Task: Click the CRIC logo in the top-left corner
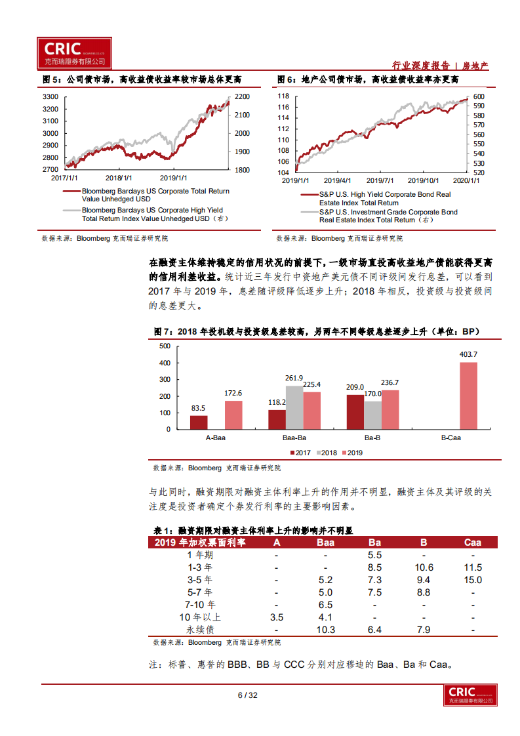coord(73,52)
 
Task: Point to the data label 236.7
coord(390,383)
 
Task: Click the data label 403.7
coord(469,355)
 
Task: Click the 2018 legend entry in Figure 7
coord(327,453)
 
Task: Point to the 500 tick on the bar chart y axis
coord(165,346)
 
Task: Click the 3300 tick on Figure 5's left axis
coord(50,96)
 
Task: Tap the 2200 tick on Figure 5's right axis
coord(242,96)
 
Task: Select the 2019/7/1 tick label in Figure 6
coord(380,180)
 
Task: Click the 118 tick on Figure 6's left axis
coord(283,96)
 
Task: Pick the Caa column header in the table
coord(472,542)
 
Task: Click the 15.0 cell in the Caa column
coord(472,580)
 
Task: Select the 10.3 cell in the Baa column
coord(325,630)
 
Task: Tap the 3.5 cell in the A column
coord(277,617)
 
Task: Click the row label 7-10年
coord(200,605)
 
